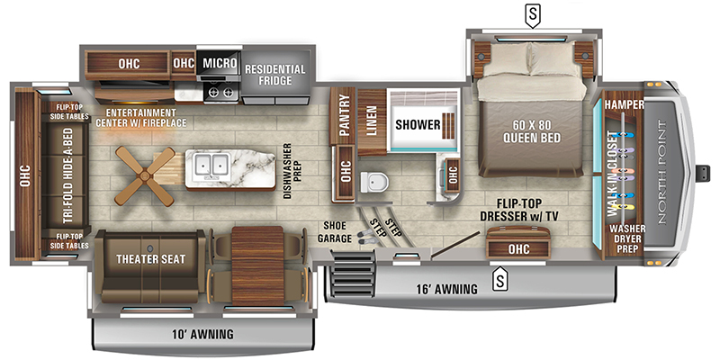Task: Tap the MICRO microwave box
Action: pyautogui.click(x=219, y=64)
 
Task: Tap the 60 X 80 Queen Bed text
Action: pyautogui.click(x=530, y=131)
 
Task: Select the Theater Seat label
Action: pyautogui.click(x=150, y=259)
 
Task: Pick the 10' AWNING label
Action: pyautogui.click(x=202, y=335)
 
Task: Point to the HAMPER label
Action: pyautogui.click(x=620, y=104)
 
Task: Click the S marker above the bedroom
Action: pyautogui.click(x=535, y=14)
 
